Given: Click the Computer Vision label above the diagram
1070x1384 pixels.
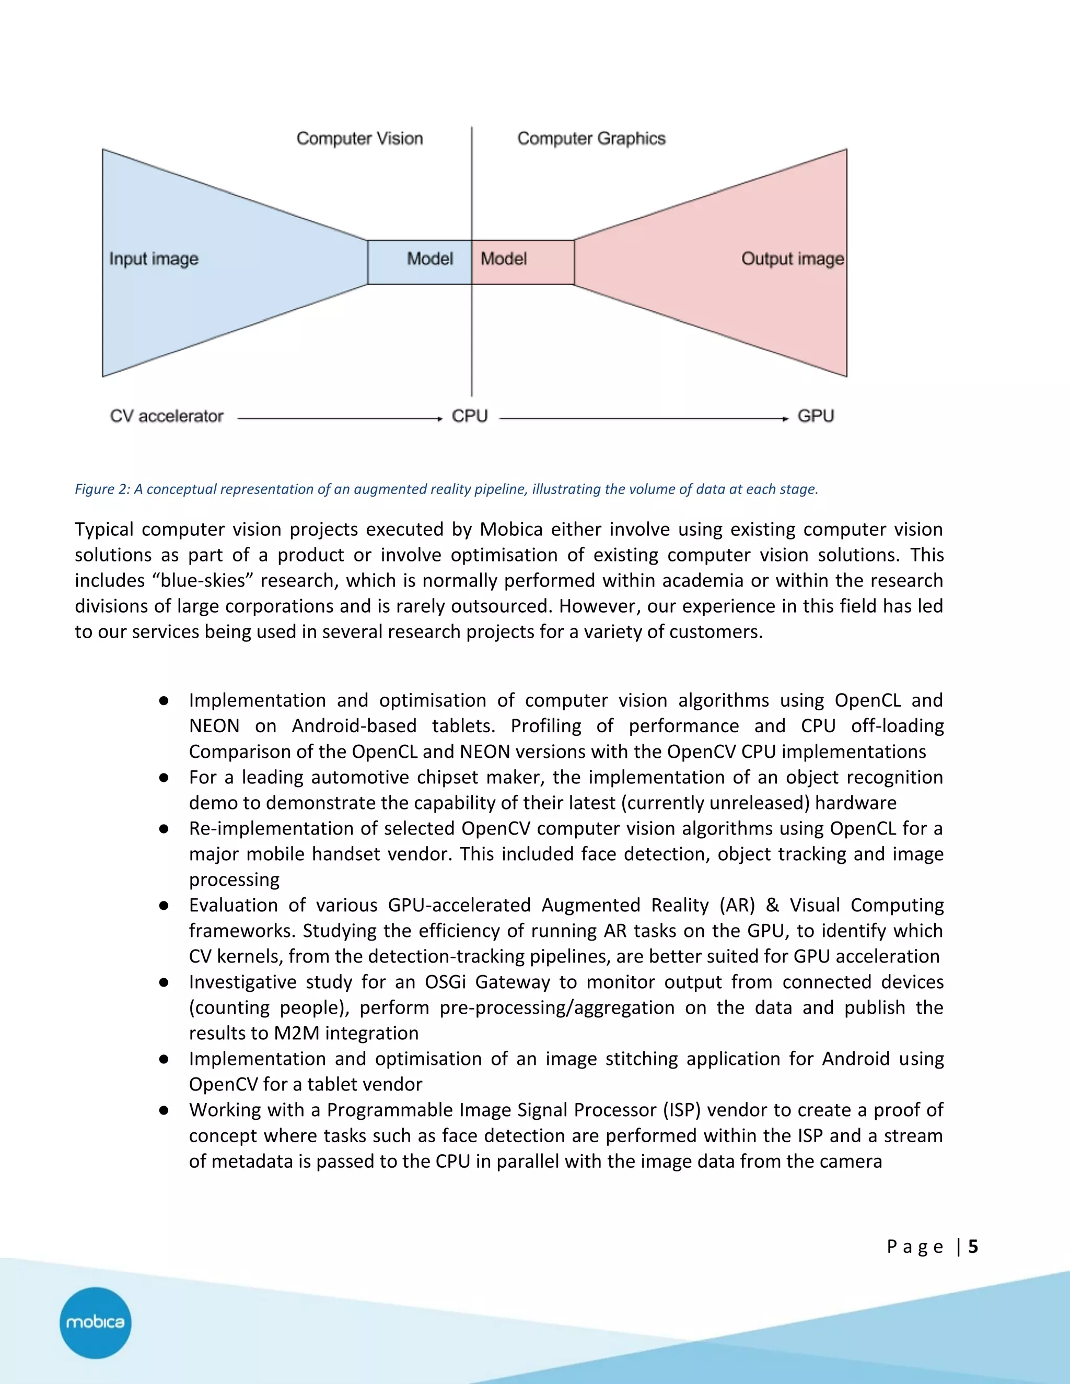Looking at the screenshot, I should [x=359, y=139].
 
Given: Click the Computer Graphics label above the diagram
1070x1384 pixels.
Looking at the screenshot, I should [x=591, y=139].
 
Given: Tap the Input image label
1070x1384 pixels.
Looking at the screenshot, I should [x=154, y=259].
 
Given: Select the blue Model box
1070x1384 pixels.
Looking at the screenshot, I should [x=420, y=262].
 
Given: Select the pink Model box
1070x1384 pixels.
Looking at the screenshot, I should [x=523, y=262].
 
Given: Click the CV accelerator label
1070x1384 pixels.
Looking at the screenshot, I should [x=167, y=416].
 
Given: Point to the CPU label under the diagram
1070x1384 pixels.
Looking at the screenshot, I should [x=470, y=416].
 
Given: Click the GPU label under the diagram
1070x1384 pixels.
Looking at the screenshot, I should [x=815, y=416].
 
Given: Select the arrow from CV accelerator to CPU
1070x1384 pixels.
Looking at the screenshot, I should [x=339, y=419].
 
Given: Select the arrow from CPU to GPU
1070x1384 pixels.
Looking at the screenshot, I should [x=643, y=419].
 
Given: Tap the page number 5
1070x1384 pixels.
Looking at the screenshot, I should [x=973, y=1247].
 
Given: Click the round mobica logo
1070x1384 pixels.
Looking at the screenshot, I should [x=95, y=1322].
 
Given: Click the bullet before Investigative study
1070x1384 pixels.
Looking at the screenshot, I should [x=164, y=983].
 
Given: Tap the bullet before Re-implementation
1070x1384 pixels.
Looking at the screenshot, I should [x=164, y=829].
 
